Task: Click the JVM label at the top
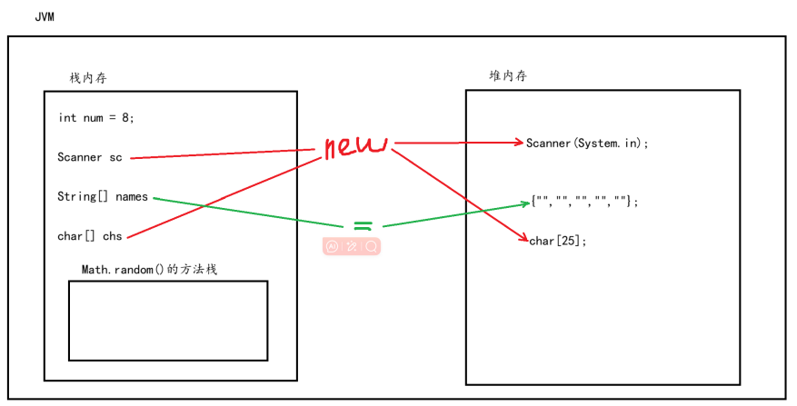click(x=43, y=17)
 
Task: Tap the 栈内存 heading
click(x=88, y=78)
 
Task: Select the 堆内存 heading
click(x=507, y=76)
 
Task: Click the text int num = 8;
click(x=95, y=117)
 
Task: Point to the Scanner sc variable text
click(x=89, y=157)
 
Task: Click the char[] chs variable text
click(x=89, y=236)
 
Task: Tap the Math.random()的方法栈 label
click(x=149, y=270)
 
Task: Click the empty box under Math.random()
click(x=168, y=321)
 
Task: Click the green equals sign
click(x=363, y=225)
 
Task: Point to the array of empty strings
click(x=584, y=202)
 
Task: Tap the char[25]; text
click(x=558, y=241)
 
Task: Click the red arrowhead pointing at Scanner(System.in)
click(x=520, y=143)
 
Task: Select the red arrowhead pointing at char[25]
click(x=523, y=240)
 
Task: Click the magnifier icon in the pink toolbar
click(x=371, y=246)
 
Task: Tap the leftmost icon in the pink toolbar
click(x=332, y=246)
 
